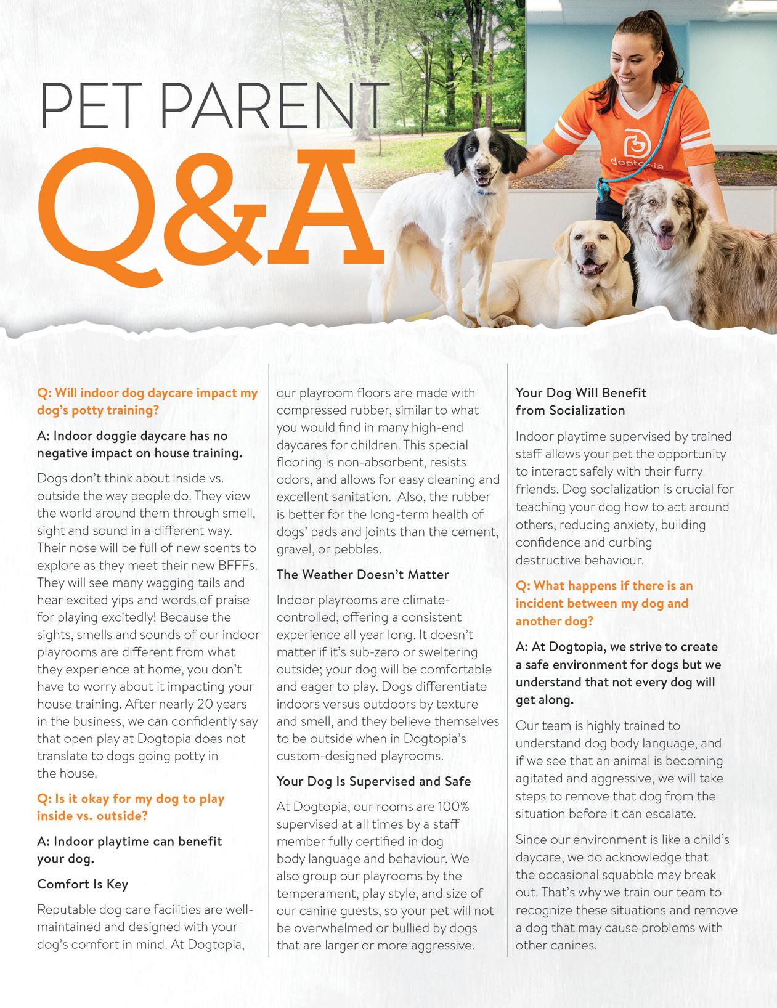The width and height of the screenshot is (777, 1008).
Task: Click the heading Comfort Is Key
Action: pos(83,884)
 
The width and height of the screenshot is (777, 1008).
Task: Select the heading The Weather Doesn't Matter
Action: pos(363,574)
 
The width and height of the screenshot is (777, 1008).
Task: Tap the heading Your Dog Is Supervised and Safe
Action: pos(373,781)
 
